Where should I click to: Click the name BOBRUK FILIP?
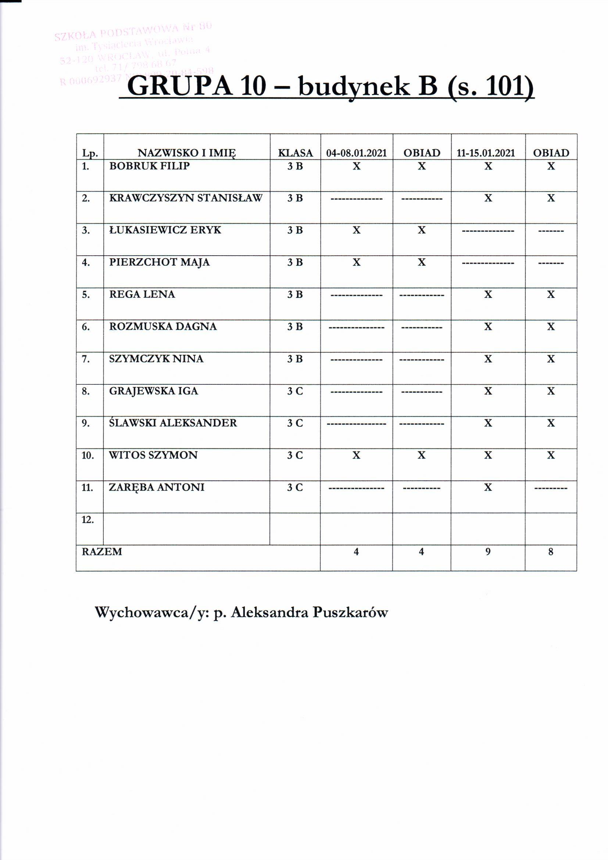click(149, 166)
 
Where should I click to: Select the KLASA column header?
click(295, 153)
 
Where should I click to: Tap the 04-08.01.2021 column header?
click(357, 153)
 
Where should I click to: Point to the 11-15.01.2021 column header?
click(488, 153)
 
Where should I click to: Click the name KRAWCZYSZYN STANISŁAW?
click(186, 198)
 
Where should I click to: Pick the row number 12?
click(87, 519)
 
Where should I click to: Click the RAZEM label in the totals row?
click(102, 552)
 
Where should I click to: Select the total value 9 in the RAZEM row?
click(488, 551)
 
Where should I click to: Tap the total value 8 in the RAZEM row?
click(550, 551)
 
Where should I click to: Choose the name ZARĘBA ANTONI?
click(157, 487)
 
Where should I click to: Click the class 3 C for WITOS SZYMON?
click(295, 455)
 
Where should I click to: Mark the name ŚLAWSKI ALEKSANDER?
click(173, 423)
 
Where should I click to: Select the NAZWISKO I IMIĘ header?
click(187, 153)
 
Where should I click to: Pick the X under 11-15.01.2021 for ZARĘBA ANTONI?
click(488, 487)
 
